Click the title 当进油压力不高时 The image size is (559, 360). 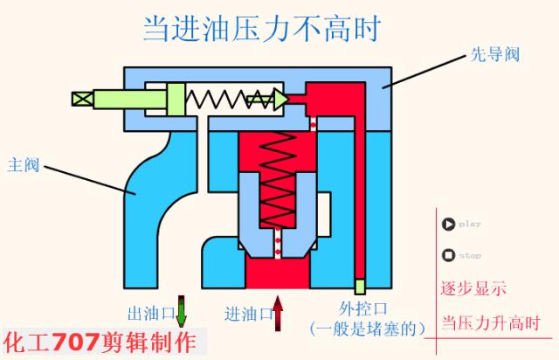(x=262, y=29)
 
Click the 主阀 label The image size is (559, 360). (x=24, y=163)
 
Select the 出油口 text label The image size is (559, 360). (x=148, y=312)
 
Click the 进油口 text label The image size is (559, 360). (x=245, y=312)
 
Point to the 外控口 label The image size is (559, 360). (x=362, y=308)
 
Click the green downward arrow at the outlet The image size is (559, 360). (x=182, y=311)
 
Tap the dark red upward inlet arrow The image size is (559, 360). (x=279, y=312)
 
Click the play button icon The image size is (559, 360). (x=448, y=224)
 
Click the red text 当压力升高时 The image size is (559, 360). (x=490, y=321)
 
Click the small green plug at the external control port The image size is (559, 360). (x=359, y=286)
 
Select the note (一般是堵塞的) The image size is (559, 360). (x=367, y=329)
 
